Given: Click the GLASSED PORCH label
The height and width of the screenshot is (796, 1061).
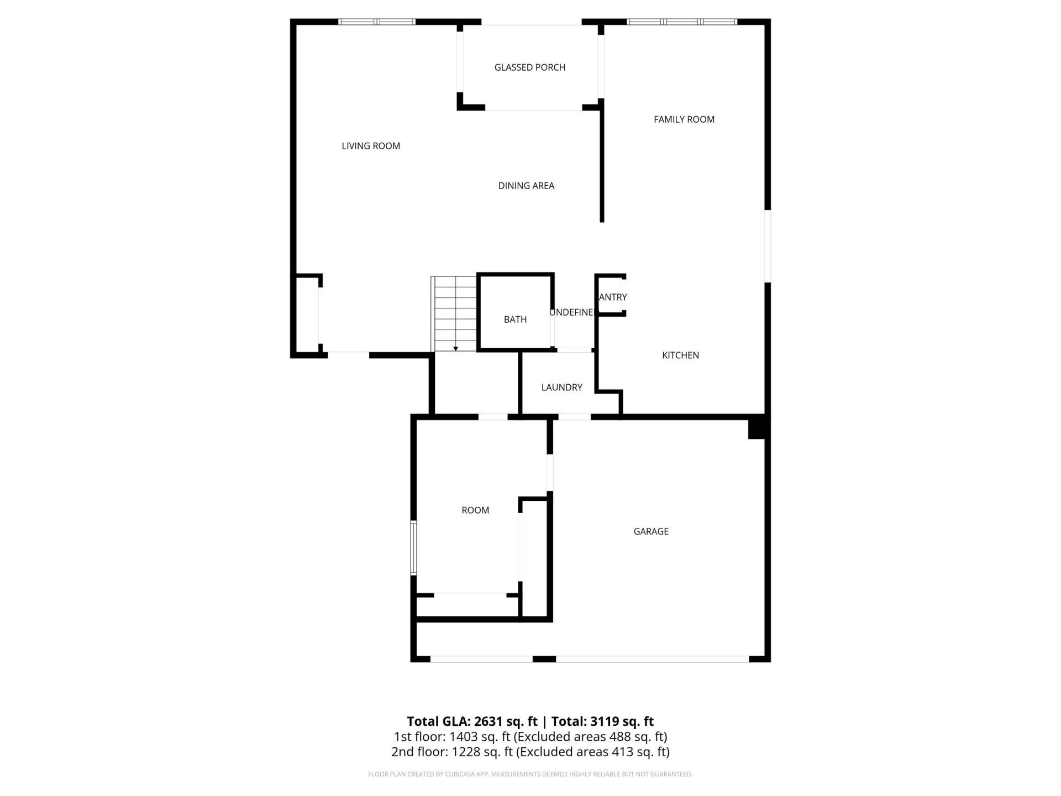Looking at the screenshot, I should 529,67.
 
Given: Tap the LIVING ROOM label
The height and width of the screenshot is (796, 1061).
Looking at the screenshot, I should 371,146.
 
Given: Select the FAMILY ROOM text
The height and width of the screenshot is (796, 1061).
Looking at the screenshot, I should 684,119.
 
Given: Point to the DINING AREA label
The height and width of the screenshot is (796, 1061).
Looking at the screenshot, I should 526,186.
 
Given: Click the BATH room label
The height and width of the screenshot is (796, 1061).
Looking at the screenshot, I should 515,320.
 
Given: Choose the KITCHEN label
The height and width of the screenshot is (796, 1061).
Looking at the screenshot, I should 680,355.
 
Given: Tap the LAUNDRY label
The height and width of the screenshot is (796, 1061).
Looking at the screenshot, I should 561,387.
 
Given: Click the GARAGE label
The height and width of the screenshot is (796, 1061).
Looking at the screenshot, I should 650,532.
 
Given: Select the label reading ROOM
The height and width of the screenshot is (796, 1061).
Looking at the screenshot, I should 475,510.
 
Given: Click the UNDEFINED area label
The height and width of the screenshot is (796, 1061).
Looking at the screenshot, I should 571,312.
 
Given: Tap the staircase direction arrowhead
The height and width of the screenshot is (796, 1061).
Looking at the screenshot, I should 455,349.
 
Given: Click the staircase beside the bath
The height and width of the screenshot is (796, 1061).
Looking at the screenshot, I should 455,313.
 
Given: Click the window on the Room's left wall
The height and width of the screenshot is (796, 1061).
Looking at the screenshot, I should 413,548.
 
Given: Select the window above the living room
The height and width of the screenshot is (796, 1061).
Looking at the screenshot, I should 376,22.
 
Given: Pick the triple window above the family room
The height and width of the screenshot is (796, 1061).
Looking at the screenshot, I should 681,22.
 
